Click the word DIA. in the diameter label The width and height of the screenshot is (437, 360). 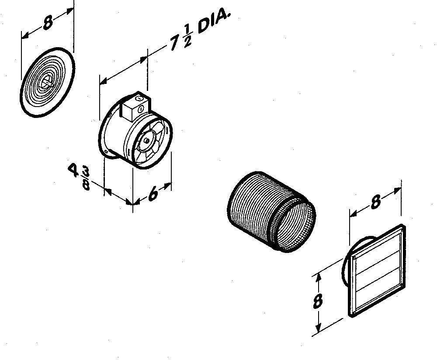pos(214,22)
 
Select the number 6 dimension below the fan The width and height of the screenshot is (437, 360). pos(153,194)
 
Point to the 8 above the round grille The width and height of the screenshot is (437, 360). pos(48,23)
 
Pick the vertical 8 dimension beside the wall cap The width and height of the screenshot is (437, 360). pos(318,301)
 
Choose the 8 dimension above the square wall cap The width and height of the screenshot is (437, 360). pos(376,201)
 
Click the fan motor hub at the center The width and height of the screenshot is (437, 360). pos(146,140)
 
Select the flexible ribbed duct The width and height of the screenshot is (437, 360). pos(272,212)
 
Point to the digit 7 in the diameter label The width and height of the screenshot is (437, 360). pos(175,43)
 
